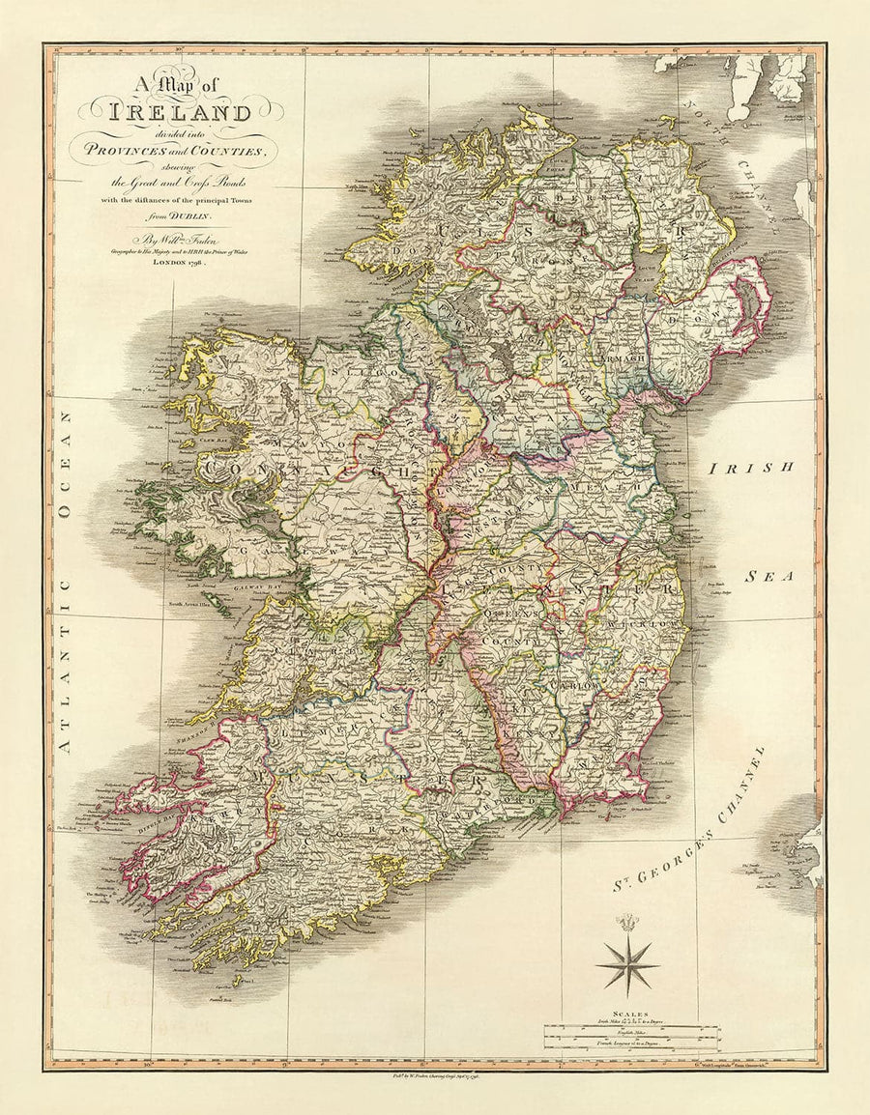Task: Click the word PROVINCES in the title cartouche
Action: tap(141, 147)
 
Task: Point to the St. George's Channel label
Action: tap(687, 822)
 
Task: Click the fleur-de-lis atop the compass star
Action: tap(627, 921)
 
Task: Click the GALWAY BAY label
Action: tap(255, 586)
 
